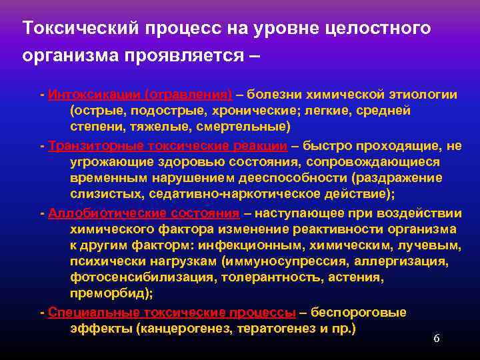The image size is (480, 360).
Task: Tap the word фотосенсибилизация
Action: point(137,277)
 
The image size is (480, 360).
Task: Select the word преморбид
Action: point(109,293)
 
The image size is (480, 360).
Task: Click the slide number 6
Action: point(437,339)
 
